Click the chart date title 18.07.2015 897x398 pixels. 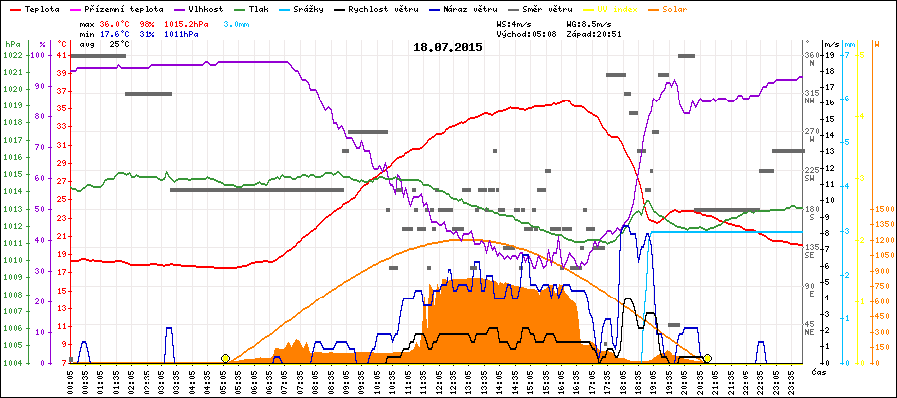448,46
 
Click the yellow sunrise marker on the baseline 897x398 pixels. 226,358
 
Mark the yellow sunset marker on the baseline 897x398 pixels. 707,358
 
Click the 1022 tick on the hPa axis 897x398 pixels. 12,55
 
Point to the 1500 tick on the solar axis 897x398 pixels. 884,209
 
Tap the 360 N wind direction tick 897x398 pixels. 810,57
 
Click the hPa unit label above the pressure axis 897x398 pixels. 12,44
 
